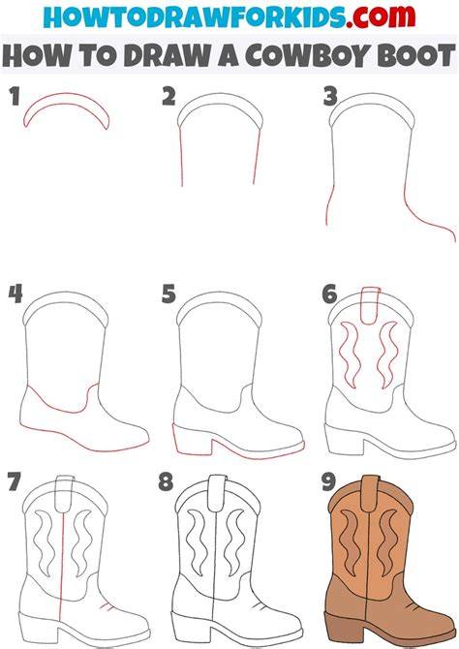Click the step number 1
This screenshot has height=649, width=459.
(x=15, y=96)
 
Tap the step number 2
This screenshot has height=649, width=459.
(x=168, y=97)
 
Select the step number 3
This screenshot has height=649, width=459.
(x=330, y=97)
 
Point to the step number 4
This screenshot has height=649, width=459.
(x=15, y=294)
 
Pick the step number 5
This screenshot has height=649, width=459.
(x=168, y=294)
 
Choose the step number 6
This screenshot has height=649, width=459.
(x=329, y=294)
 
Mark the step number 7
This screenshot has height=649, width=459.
(x=15, y=481)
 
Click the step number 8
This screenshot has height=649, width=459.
(x=166, y=481)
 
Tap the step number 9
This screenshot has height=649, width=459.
(x=329, y=481)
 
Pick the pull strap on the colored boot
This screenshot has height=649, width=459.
(x=371, y=492)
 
